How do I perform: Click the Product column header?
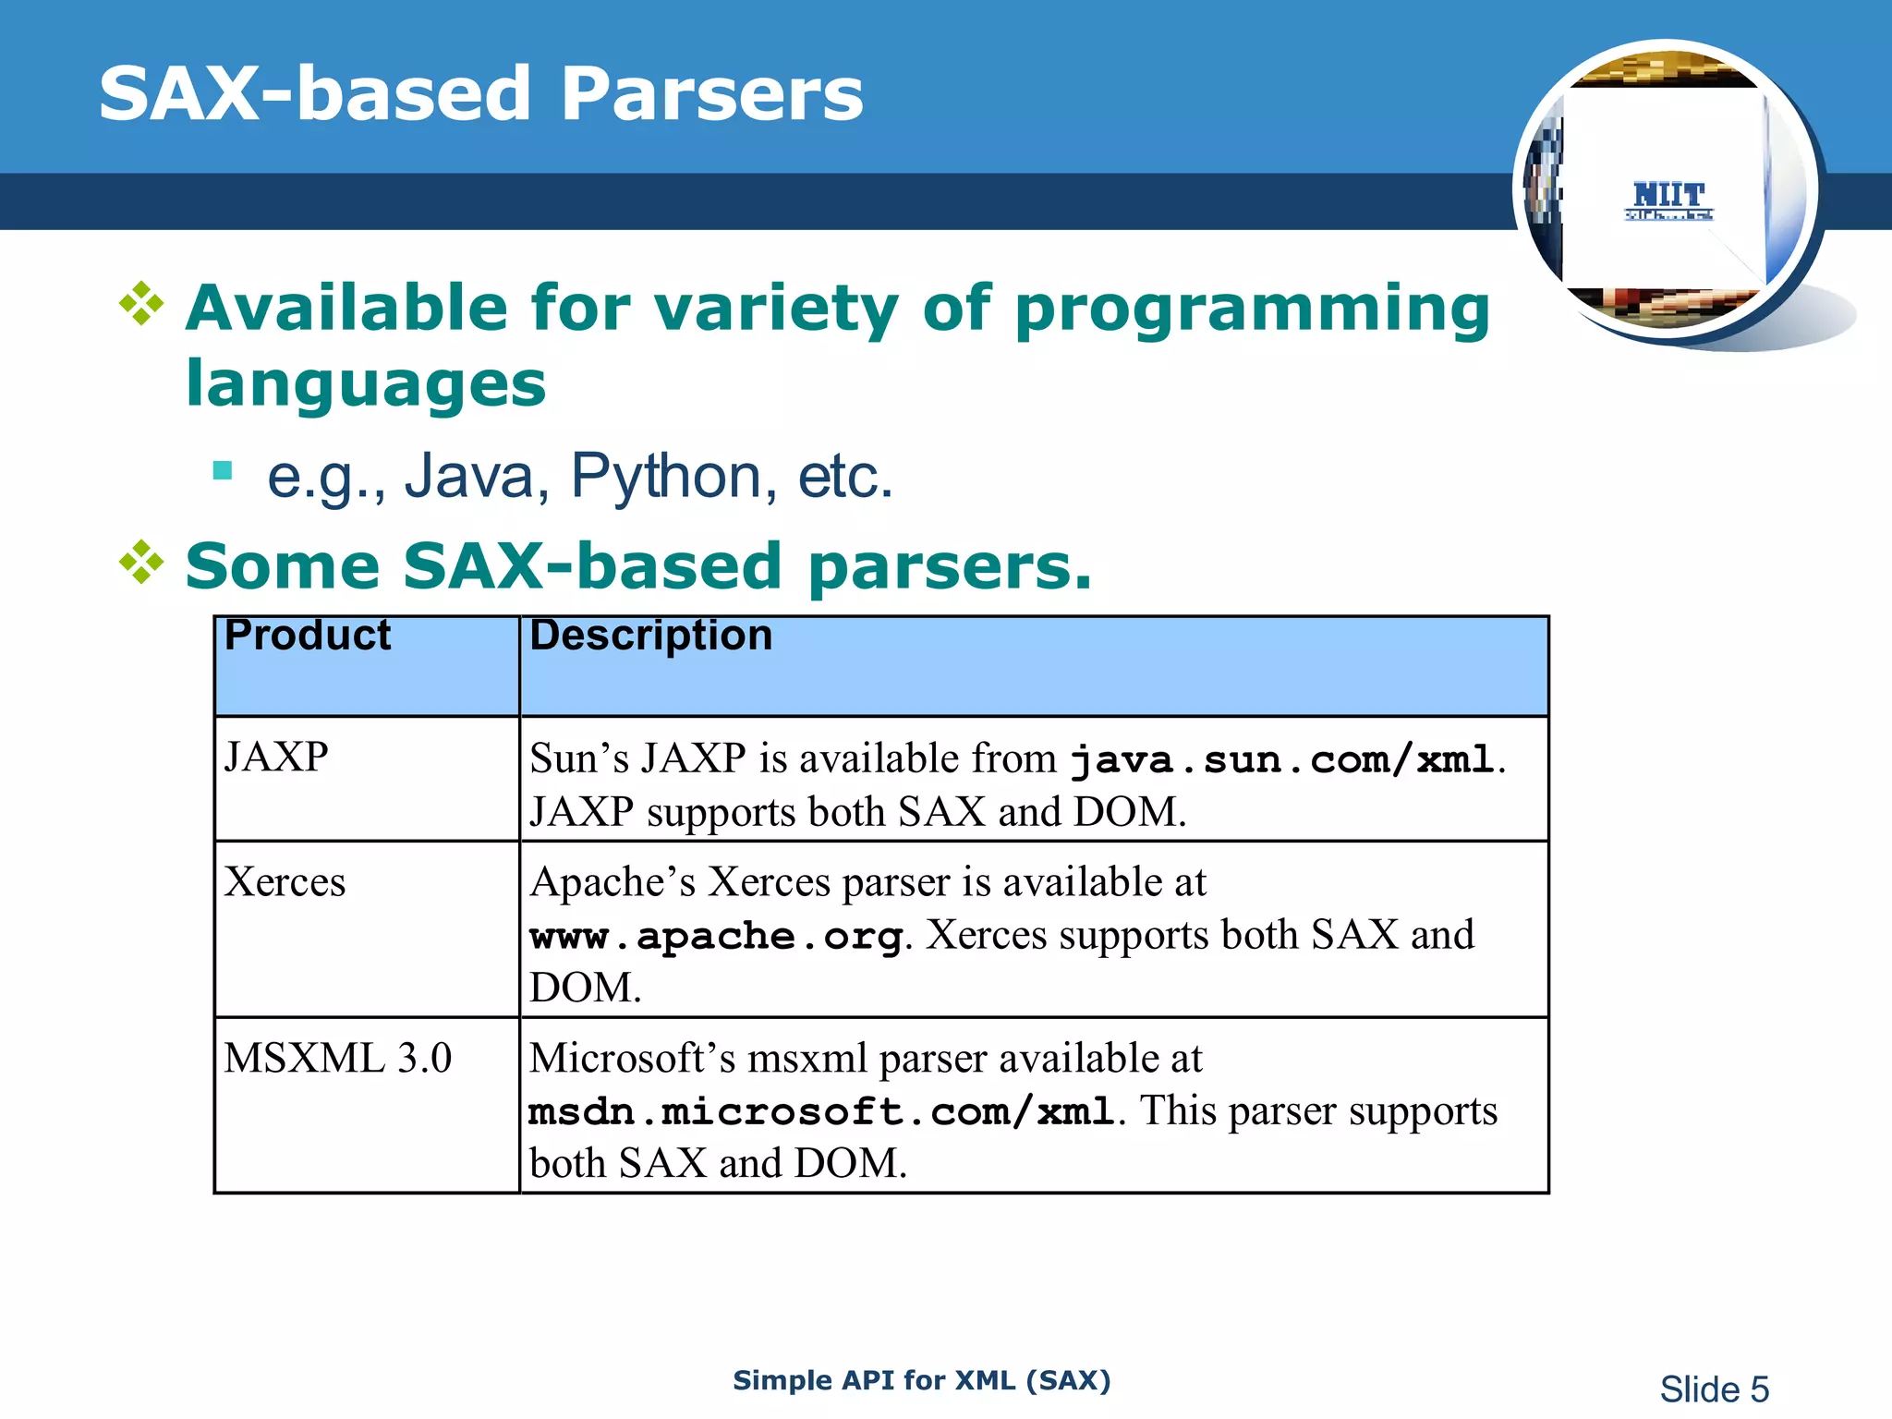click(x=308, y=636)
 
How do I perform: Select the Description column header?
click(x=650, y=636)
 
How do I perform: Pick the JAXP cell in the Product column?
click(x=276, y=758)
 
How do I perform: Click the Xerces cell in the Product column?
click(x=285, y=882)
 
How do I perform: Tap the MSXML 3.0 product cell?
click(x=337, y=1059)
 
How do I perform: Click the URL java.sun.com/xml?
click(x=1282, y=761)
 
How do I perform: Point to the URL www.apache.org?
click(x=716, y=937)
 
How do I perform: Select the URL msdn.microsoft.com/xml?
click(x=821, y=1112)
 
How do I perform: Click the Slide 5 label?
click(x=1714, y=1389)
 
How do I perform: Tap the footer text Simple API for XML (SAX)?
click(x=921, y=1380)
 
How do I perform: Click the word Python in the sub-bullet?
click(x=665, y=477)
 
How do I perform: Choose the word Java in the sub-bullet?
click(x=469, y=477)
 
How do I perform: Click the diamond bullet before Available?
click(x=141, y=304)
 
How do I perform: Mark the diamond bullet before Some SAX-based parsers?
click(x=141, y=562)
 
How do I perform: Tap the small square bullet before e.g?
click(x=222, y=471)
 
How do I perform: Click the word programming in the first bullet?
click(x=1252, y=309)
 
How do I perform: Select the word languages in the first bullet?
click(x=366, y=384)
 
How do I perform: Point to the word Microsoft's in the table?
click(x=632, y=1059)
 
